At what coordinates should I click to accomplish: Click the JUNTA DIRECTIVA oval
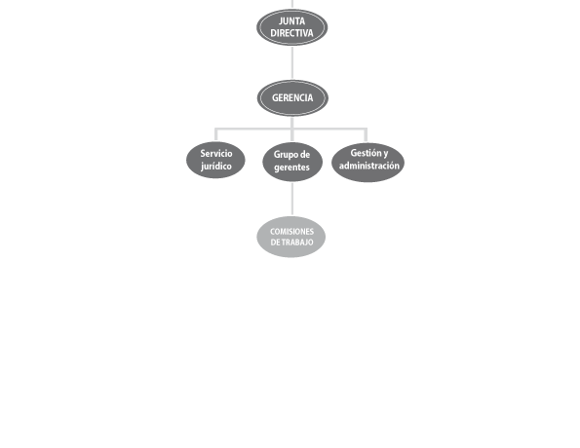coord(291,27)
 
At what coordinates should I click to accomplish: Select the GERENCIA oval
coord(292,98)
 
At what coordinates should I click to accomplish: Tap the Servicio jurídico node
coord(215,160)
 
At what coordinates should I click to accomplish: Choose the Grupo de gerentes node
coord(292,162)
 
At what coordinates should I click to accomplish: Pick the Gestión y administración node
coord(367,163)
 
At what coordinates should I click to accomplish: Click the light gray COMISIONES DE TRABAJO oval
coord(291,237)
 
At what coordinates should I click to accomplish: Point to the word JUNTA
coord(291,21)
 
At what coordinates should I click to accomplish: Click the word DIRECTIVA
coord(291,33)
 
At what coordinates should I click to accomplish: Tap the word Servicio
coord(216,154)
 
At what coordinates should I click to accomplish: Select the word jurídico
coord(216,166)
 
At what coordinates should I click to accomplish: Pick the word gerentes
coord(291,168)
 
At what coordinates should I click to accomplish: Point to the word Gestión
coord(365,152)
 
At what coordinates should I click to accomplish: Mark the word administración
coord(369,166)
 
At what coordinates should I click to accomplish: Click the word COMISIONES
coord(291,232)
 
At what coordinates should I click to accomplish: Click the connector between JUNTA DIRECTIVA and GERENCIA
coord(292,63)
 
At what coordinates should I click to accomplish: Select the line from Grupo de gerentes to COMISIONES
coord(292,199)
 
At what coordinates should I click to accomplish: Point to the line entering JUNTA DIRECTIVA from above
coord(292,5)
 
